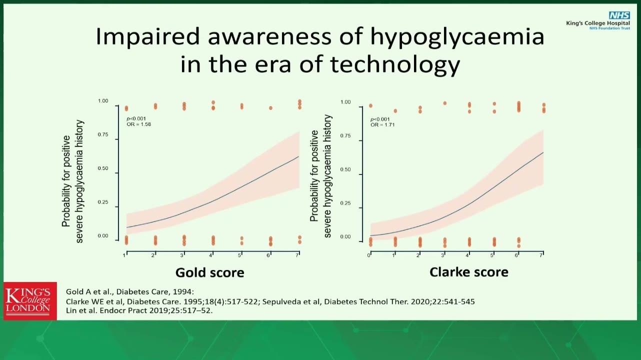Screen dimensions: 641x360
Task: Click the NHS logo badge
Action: pyautogui.click(x=619, y=15)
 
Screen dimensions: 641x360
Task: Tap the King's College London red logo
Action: pyautogui.click(x=30, y=301)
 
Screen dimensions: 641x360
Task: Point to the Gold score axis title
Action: pyautogui.click(x=210, y=272)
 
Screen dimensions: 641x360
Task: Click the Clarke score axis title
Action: pyautogui.click(x=468, y=272)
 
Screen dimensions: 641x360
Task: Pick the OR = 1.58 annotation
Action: pyautogui.click(x=139, y=124)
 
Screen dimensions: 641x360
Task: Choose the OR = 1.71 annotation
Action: pyautogui.click(x=382, y=125)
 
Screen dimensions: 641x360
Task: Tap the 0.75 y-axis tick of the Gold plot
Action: pyautogui.click(x=103, y=134)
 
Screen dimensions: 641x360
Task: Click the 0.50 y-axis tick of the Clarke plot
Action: pyautogui.click(x=345, y=169)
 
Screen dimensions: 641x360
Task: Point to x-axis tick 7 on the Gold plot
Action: pyautogui.click(x=297, y=255)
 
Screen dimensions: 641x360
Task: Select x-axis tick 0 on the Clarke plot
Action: pyautogui.click(x=369, y=255)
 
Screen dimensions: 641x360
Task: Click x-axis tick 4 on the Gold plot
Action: pyautogui.click(x=210, y=255)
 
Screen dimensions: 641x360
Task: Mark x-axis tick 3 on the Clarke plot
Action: pyautogui.click(x=442, y=255)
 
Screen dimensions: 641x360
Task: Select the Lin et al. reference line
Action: pyautogui.click(x=139, y=310)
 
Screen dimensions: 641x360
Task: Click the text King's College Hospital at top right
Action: pyautogui.click(x=598, y=23)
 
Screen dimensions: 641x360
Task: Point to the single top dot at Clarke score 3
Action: pyautogui.click(x=444, y=103)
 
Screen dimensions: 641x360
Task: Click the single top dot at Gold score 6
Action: pyautogui.click(x=270, y=108)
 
